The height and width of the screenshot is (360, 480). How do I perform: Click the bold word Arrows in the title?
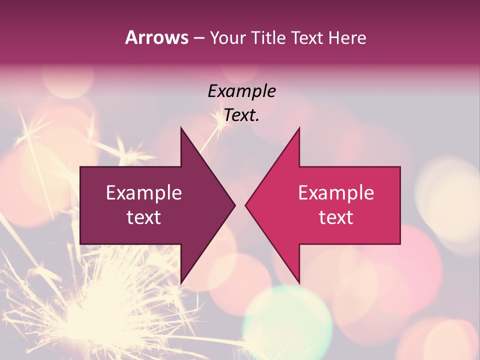point(157,37)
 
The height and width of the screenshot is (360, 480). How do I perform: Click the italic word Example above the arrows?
point(242,91)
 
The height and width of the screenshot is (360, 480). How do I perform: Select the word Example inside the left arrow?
point(144,192)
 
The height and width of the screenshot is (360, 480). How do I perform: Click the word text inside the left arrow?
point(144,217)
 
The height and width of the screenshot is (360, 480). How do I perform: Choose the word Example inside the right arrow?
point(336,192)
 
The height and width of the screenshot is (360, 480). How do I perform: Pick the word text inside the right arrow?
point(336,217)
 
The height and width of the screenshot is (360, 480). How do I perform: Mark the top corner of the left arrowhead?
point(181,128)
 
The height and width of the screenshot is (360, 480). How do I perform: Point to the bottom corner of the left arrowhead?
point(181,282)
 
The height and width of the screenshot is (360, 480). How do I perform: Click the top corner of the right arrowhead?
point(299,128)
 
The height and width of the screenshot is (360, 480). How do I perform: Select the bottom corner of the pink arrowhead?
point(299,282)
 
